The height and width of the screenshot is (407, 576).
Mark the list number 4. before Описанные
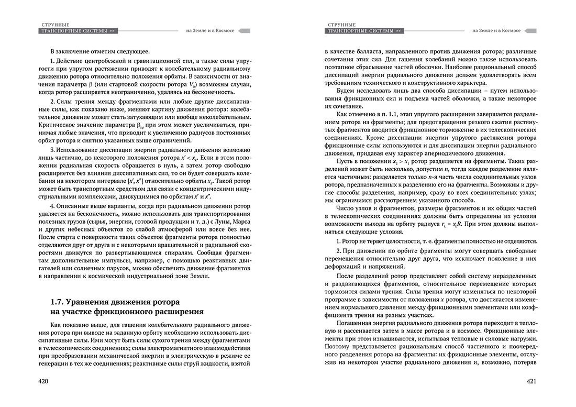[53, 210]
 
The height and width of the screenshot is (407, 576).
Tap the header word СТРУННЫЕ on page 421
[341, 24]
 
